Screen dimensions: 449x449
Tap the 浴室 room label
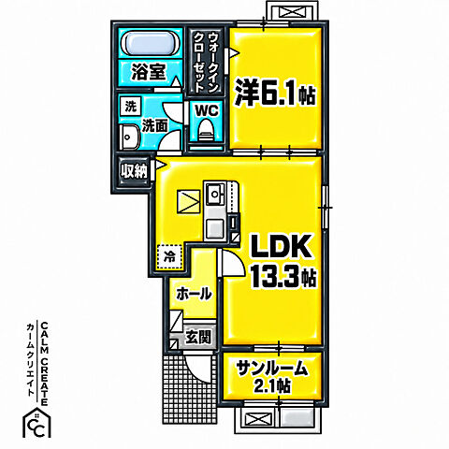[148, 72]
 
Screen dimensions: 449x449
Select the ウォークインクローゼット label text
[205, 63]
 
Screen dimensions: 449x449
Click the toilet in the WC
[205, 130]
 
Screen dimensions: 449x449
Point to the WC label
[207, 110]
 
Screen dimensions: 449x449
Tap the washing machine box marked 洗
[131, 107]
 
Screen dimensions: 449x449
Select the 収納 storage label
[135, 171]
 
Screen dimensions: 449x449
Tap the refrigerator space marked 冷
[169, 257]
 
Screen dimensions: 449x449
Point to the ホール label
[194, 294]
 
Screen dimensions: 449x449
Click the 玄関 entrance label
[198, 337]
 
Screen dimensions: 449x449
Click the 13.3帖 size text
[283, 277]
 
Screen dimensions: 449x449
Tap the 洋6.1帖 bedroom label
[275, 93]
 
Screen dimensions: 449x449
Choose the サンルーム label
[272, 369]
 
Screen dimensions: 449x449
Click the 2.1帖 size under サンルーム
[272, 386]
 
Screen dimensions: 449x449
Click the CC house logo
[36, 423]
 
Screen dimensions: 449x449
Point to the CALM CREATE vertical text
[44, 364]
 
